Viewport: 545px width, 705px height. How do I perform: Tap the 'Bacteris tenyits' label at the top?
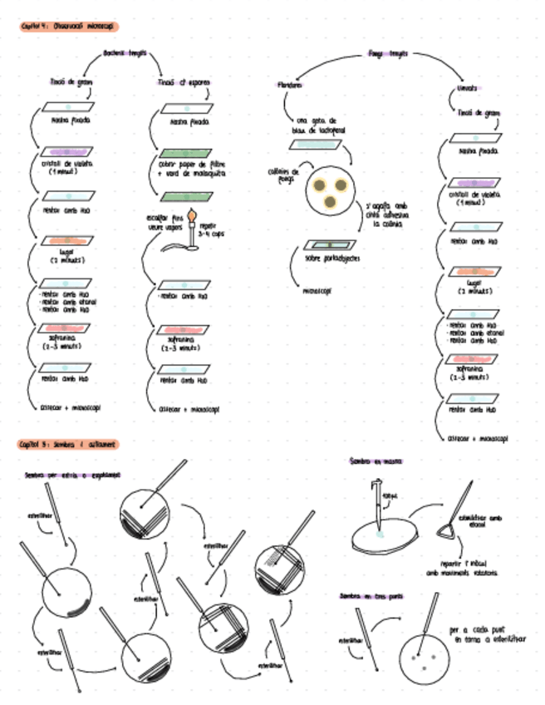[125, 53]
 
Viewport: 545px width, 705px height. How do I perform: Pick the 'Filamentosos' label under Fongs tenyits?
[291, 85]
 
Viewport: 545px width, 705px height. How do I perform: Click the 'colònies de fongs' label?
[284, 173]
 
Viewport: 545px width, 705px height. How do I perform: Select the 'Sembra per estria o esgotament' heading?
[72, 475]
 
